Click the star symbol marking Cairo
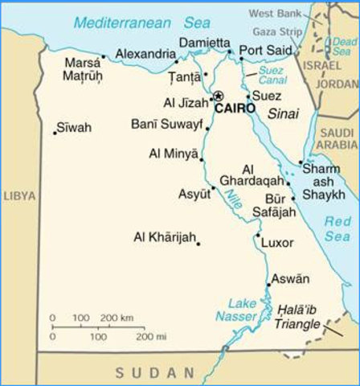[x=217, y=96]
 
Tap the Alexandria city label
[x=145, y=54]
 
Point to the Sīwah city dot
[x=55, y=132]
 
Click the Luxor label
[x=278, y=241]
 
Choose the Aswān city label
[x=290, y=279]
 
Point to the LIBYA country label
[x=18, y=195]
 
